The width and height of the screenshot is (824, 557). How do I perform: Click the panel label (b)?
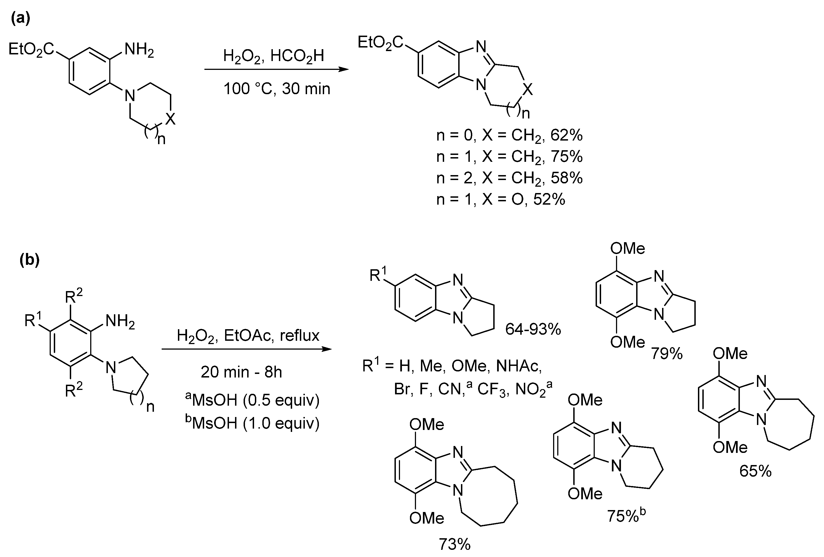coord(30,260)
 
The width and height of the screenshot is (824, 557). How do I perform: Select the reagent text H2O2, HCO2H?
coord(273,56)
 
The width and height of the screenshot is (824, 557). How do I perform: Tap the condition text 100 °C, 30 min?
coord(277,88)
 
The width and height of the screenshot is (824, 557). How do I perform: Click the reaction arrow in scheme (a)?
coord(277,70)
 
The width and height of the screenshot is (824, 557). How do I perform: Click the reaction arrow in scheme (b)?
coord(246,349)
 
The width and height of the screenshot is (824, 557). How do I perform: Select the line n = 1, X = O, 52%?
coord(501,199)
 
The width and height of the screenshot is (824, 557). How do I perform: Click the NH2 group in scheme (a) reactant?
coord(139,50)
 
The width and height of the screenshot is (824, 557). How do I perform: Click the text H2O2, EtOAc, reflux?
coord(248,336)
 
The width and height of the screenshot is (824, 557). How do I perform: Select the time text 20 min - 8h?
coord(241,372)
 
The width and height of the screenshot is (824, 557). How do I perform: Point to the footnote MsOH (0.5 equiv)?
coord(252,400)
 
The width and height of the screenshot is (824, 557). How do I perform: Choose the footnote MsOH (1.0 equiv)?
coord(252,423)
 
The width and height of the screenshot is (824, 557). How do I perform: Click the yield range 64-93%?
coord(533,329)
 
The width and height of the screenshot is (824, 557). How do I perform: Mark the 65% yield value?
coord(755,471)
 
